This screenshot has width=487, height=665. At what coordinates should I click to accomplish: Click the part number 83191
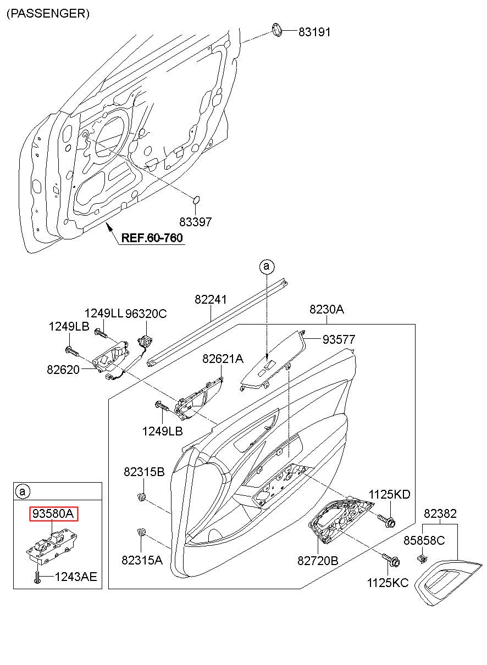[314, 32]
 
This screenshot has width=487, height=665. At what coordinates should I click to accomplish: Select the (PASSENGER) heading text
[48, 14]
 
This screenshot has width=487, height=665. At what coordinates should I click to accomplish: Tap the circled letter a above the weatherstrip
[267, 266]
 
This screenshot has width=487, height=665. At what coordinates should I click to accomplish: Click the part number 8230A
[326, 309]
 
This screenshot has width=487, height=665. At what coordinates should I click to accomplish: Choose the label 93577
[339, 339]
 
